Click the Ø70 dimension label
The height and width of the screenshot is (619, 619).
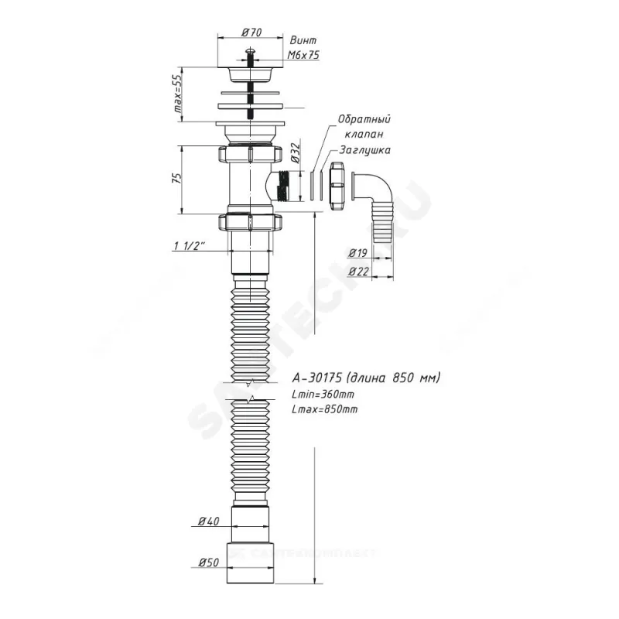tap(251, 32)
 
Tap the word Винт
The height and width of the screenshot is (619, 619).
tap(303, 41)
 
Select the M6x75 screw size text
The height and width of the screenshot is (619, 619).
tap(303, 55)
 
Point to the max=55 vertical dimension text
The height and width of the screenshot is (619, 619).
tap(179, 94)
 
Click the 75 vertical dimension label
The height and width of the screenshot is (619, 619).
tap(179, 178)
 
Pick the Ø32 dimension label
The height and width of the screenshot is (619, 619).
tap(295, 153)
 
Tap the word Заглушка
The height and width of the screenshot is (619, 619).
tap(365, 150)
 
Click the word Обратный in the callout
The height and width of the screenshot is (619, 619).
tap(364, 119)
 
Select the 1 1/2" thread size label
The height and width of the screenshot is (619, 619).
tap(190, 246)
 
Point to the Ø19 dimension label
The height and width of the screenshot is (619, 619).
tap(358, 253)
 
